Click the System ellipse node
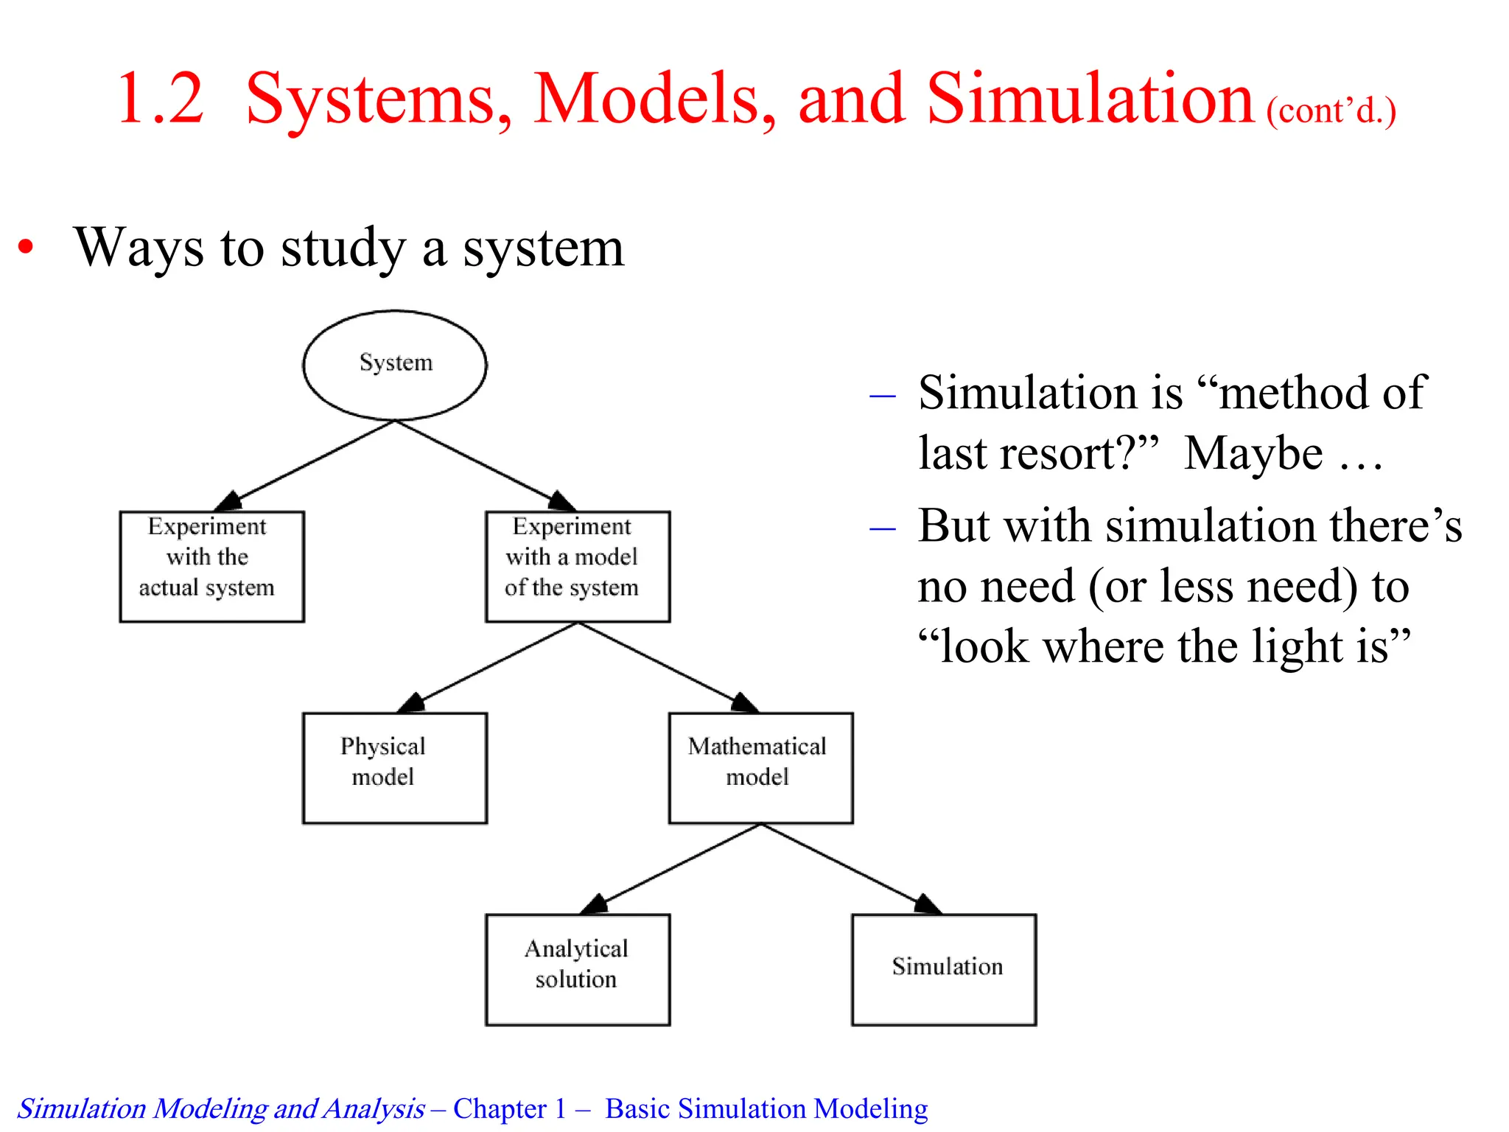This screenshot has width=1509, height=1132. pos(395,365)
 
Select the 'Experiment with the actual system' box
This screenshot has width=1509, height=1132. pos(211,566)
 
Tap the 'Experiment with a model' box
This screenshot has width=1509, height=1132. pos(578,566)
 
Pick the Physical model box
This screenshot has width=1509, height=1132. pos(395,767)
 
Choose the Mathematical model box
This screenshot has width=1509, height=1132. pos(760,767)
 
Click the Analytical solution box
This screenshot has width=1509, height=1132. pos(578,969)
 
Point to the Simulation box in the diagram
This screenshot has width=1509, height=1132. pos(944,969)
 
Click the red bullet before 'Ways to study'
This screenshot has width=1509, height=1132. pos(27,248)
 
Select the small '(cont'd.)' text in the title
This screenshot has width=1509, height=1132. pos(1331,111)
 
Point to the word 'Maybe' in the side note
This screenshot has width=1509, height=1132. pos(1253,453)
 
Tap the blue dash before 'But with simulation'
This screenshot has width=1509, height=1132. pos(882,528)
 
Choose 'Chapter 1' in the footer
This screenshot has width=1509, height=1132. pos(509,1108)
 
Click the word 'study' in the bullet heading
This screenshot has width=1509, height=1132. pos(343,248)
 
